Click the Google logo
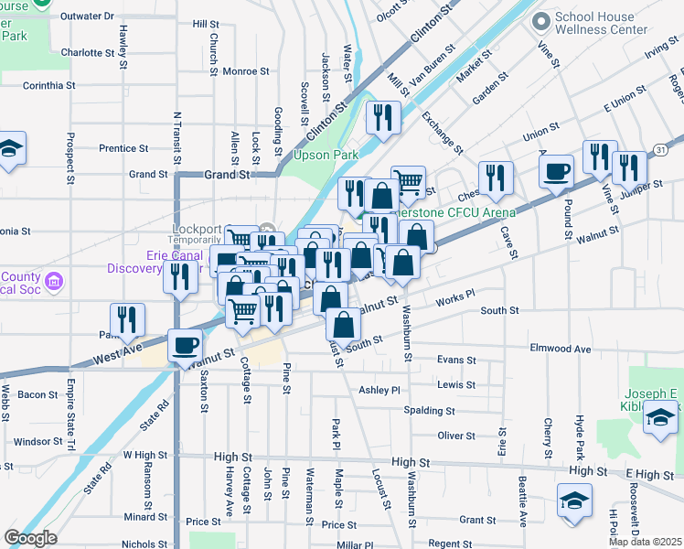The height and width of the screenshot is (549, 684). pos(30,538)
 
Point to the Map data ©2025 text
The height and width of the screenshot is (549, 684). pos(646,542)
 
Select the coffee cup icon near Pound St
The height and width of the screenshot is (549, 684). pos(556,171)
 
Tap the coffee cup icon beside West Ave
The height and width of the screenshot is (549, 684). pos(187,347)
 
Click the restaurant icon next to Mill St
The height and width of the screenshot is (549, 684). pos(381,117)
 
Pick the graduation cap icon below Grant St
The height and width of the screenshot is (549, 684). pos(574,501)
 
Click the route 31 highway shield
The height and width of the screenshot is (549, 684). pos(660,149)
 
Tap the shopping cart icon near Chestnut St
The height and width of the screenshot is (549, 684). pos(408,182)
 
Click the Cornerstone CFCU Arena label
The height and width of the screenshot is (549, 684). pos(462,213)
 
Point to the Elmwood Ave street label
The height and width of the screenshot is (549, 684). pos(559,349)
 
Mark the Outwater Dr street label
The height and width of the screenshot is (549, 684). pos(87,16)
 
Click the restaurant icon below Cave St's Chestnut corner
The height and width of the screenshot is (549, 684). pos(496,177)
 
